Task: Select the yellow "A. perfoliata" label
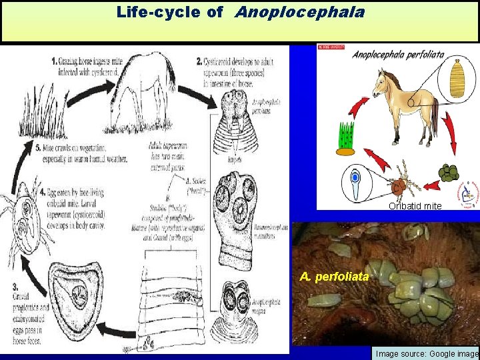[x=334, y=276]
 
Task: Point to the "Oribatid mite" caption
[x=415, y=206]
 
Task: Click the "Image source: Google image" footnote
[x=427, y=353]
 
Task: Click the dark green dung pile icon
[x=449, y=173]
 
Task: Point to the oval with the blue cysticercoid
[x=355, y=183]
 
